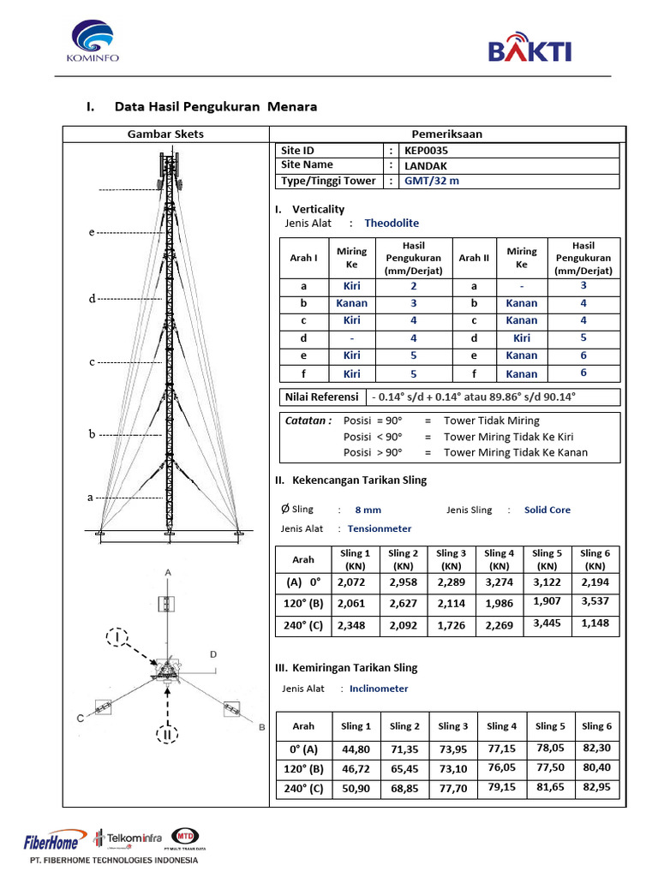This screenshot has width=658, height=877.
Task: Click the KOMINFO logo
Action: pyautogui.click(x=93, y=42)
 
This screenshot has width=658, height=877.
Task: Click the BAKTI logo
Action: pyautogui.click(x=529, y=48)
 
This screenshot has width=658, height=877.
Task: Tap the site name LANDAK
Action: pyautogui.click(x=423, y=165)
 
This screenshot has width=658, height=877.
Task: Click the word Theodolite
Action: pyautogui.click(x=392, y=223)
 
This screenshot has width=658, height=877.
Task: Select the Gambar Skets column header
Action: pyautogui.click(x=165, y=134)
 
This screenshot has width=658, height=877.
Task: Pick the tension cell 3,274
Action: pyautogui.click(x=499, y=582)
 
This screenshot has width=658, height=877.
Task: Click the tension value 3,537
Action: pyautogui.click(x=594, y=601)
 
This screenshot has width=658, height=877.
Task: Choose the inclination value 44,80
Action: pyautogui.click(x=356, y=749)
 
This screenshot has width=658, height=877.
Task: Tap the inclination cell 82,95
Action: pyautogui.click(x=594, y=787)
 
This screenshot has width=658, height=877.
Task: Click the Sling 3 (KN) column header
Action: pyautogui.click(x=451, y=559)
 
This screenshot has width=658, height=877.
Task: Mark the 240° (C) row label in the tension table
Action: pyautogui.click(x=303, y=625)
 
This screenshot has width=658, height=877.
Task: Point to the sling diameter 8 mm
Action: pyautogui.click(x=368, y=510)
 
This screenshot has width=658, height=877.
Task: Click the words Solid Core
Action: pyautogui.click(x=547, y=510)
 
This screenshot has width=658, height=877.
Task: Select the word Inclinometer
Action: pyautogui.click(x=379, y=689)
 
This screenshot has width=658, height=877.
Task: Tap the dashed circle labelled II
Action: pyautogui.click(x=166, y=734)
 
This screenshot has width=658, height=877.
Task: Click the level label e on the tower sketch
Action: pyautogui.click(x=91, y=232)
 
